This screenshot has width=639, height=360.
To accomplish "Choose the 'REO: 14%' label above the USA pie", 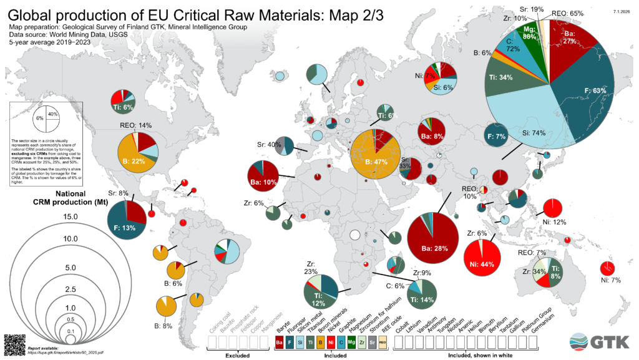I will click(135, 125).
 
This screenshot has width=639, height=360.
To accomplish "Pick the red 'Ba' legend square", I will click(280, 343).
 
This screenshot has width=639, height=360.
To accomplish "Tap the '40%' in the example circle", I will click(52, 114).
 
